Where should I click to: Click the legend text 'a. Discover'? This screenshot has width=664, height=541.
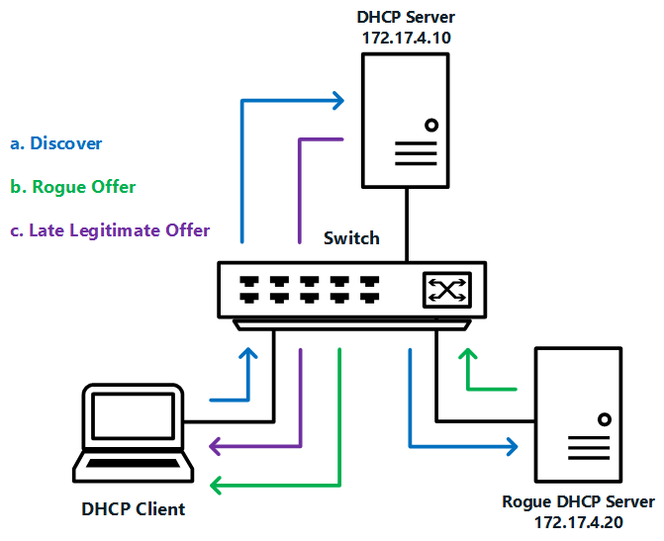(x=56, y=143)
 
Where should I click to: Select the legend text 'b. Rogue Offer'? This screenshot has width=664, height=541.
(x=72, y=187)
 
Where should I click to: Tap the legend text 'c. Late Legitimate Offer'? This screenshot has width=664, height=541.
(x=110, y=230)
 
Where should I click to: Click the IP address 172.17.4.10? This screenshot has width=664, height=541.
(x=407, y=37)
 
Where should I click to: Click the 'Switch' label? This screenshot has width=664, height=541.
(x=351, y=238)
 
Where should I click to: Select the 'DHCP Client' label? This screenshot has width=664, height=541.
(x=133, y=509)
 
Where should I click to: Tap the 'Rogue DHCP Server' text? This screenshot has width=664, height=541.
(x=578, y=501)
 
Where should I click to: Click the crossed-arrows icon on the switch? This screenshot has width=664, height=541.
(x=446, y=288)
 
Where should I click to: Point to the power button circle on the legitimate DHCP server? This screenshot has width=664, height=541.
(x=431, y=126)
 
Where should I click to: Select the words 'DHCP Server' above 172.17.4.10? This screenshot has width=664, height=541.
(x=407, y=17)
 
